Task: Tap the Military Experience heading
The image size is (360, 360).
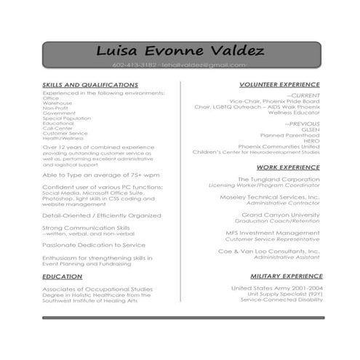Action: click(x=285, y=276)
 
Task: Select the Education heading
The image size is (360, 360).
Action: click(x=62, y=276)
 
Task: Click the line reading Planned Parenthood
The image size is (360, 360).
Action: click(x=289, y=135)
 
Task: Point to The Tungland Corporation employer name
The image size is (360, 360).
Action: click(x=279, y=179)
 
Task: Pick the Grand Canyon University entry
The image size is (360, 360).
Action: click(x=280, y=215)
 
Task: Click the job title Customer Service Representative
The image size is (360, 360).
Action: click(x=272, y=239)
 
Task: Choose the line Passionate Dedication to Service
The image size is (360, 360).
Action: click(x=93, y=245)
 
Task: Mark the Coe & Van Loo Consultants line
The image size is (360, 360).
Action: click(x=269, y=251)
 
